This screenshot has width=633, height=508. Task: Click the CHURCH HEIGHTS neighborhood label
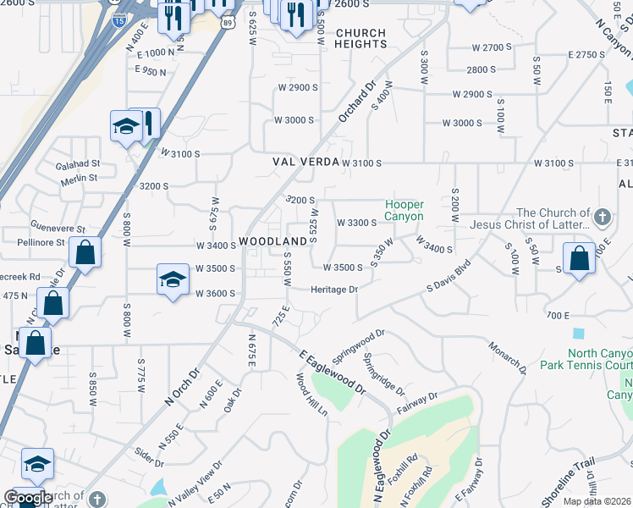(361, 40)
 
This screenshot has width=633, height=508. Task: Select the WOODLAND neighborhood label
(272, 242)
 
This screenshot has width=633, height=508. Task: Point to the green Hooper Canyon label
(405, 210)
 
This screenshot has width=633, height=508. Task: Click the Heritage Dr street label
(335, 290)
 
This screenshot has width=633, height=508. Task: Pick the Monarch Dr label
(508, 354)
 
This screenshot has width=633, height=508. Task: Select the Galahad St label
(78, 164)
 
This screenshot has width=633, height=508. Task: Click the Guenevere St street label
(58, 229)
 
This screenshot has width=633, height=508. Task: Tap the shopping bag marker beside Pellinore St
(85, 252)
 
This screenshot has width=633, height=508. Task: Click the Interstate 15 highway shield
(119, 19)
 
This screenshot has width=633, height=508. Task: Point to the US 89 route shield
(226, 24)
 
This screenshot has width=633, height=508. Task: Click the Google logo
(29, 498)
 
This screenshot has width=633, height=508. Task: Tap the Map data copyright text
(597, 501)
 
